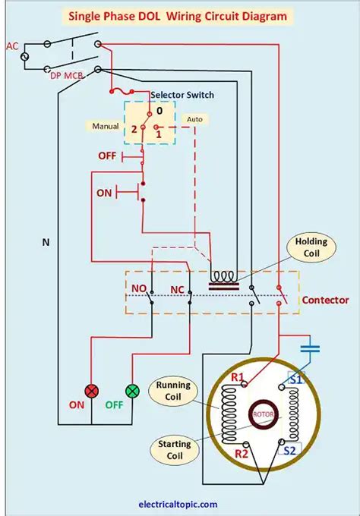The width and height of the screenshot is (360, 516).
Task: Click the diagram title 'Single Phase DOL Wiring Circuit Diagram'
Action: (179, 15)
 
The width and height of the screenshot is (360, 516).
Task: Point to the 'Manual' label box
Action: (105, 125)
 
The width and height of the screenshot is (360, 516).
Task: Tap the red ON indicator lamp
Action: (93, 391)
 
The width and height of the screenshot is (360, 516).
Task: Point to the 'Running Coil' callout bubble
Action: (173, 392)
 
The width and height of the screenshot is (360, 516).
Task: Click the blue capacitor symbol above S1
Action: (310, 348)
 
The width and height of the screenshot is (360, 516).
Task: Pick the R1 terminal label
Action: (237, 376)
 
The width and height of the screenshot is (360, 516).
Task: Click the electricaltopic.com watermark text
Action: (178, 504)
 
